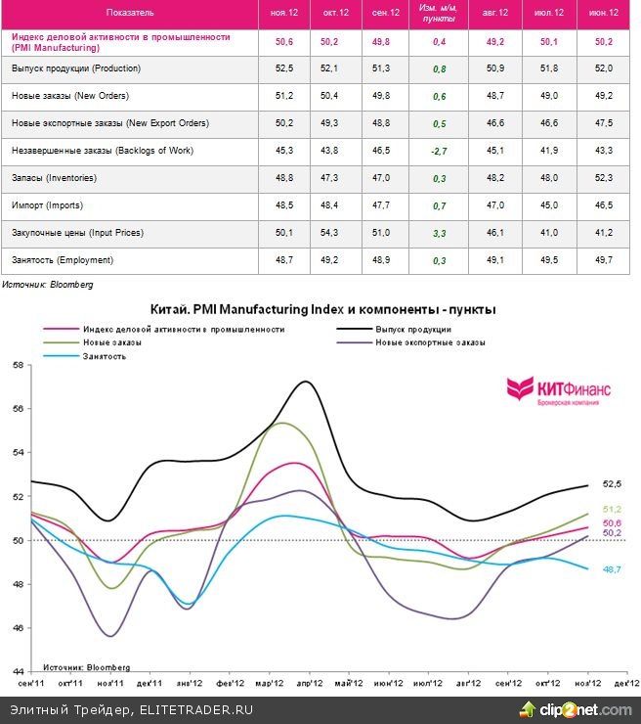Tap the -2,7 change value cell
click(439, 151)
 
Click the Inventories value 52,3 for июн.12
click(605, 178)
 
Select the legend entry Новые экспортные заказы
click(431, 342)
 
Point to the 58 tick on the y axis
click(17, 365)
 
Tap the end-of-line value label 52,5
click(612, 483)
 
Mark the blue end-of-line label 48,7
click(612, 568)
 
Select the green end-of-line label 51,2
click(612, 509)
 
